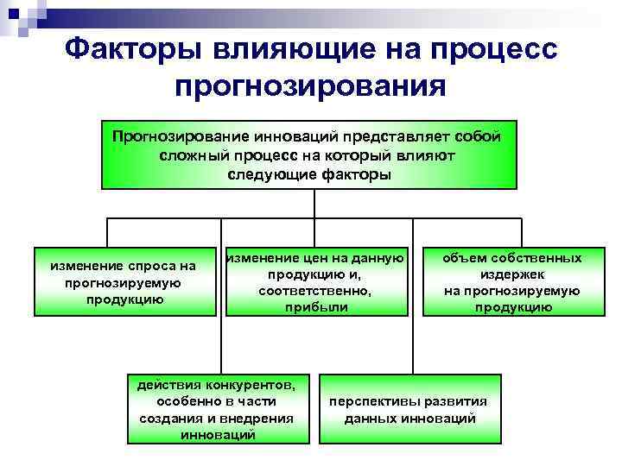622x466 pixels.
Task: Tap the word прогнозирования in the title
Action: (x=310, y=87)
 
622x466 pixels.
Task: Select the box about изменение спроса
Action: (x=124, y=282)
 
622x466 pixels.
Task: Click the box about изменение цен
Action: (x=314, y=282)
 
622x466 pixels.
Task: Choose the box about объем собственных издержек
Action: (x=512, y=282)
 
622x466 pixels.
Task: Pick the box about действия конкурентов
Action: (x=217, y=407)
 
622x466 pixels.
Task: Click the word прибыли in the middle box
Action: (x=314, y=306)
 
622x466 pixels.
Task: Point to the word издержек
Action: (x=512, y=274)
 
